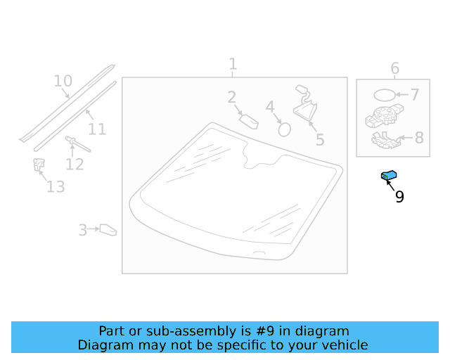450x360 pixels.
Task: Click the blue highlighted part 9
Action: (389, 176)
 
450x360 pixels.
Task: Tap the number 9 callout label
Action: (399, 197)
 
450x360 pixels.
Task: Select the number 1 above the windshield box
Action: (233, 65)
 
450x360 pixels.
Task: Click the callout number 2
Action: (231, 98)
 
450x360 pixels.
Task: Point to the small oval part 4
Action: (285, 129)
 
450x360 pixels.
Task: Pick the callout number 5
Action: (320, 139)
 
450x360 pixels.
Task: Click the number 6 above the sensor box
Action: (394, 68)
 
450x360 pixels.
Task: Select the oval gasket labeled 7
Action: (384, 94)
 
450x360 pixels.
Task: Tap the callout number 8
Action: (419, 137)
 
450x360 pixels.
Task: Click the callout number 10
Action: (63, 81)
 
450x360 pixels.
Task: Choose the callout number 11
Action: (97, 129)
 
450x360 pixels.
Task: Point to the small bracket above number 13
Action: (39, 165)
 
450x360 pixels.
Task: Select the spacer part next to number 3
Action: (108, 229)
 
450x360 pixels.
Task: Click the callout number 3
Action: (83, 230)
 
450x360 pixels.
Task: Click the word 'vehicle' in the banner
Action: (343, 345)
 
